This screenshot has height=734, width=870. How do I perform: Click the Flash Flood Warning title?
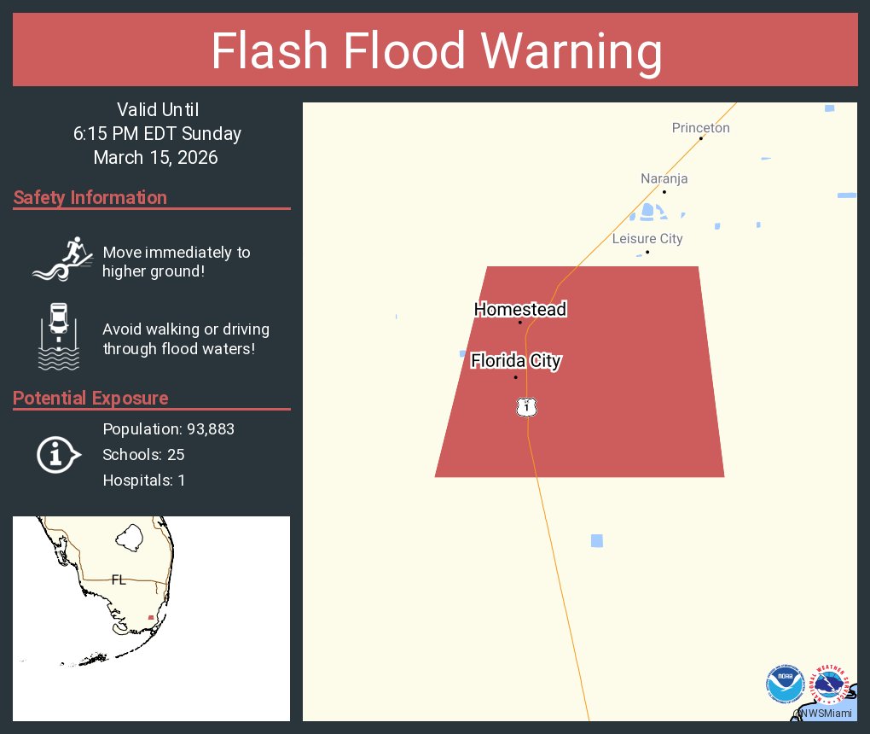pos(436,51)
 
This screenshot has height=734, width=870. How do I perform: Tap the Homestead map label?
pos(520,310)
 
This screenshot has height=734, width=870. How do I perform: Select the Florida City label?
pos(516,361)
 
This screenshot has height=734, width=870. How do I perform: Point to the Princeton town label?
pos(701,128)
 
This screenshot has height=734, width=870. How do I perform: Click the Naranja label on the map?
pos(664,179)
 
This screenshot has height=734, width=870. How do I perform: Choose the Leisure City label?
pos(647,239)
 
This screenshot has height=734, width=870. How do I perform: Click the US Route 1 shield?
pos(527,407)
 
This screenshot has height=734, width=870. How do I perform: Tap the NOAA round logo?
pos(785,684)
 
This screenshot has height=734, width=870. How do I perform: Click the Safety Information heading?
pos(90,198)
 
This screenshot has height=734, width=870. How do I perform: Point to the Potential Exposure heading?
pos(90,399)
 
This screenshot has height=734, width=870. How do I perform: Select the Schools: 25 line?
pos(143,455)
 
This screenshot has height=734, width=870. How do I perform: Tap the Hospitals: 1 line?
pos(143,481)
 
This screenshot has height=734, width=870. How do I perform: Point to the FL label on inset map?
pos(119,580)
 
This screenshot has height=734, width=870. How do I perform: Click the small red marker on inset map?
pos(151,617)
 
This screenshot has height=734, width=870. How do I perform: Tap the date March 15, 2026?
pos(156,158)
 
